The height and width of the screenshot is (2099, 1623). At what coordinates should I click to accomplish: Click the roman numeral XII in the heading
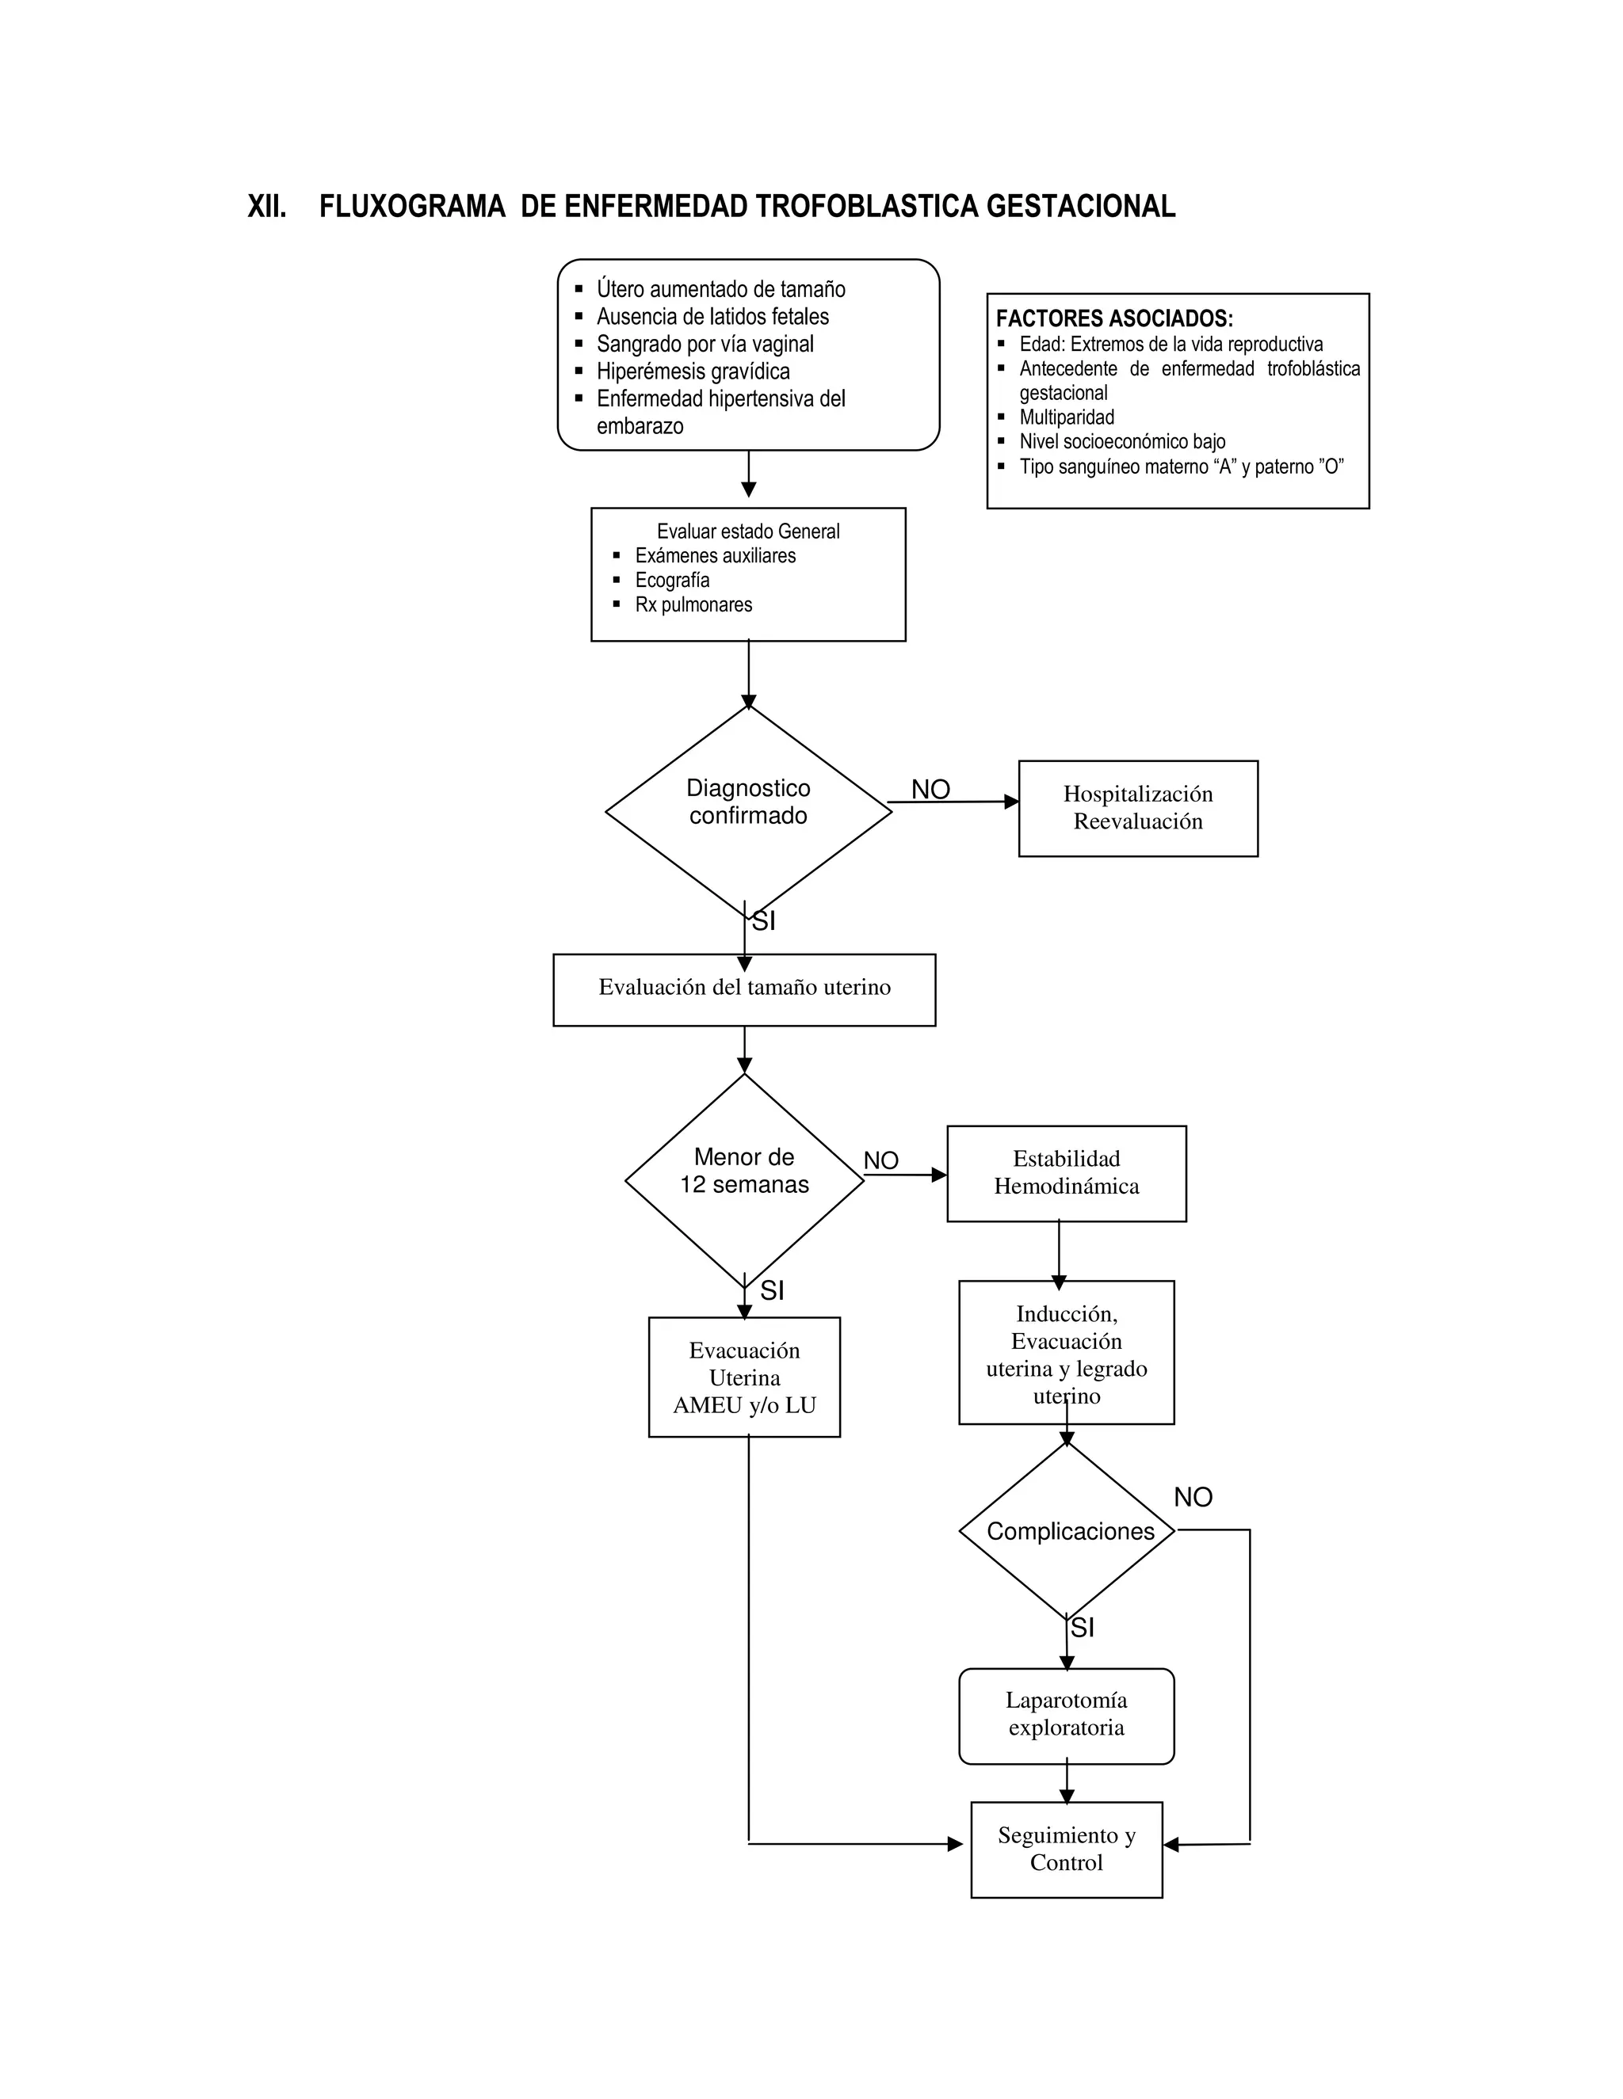coord(266,207)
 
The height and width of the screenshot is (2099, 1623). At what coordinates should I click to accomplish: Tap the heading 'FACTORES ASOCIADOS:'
coord(1113,318)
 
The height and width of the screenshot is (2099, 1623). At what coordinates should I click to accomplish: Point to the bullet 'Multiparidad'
coord(1067,417)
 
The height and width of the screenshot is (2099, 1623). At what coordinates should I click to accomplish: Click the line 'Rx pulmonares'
coord(693,604)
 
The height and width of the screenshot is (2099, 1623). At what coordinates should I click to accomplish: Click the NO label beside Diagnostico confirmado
coord(930,789)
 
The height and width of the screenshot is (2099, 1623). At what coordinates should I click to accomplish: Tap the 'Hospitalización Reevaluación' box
coord(1137,807)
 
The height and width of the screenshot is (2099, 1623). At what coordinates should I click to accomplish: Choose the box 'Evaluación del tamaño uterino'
coord(744,988)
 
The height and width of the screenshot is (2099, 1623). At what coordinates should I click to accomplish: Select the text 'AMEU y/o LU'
coord(744,1405)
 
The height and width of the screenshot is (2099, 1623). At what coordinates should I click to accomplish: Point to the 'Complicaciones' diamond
coord(1069,1531)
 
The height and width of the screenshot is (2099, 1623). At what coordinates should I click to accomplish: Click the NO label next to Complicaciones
coord(1192,1496)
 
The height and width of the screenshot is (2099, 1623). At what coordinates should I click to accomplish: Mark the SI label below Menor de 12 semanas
coord(771,1291)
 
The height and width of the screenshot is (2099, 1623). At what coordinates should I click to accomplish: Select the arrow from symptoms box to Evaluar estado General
coord(748,474)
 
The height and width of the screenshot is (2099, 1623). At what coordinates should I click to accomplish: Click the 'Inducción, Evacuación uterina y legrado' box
coord(1067,1353)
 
